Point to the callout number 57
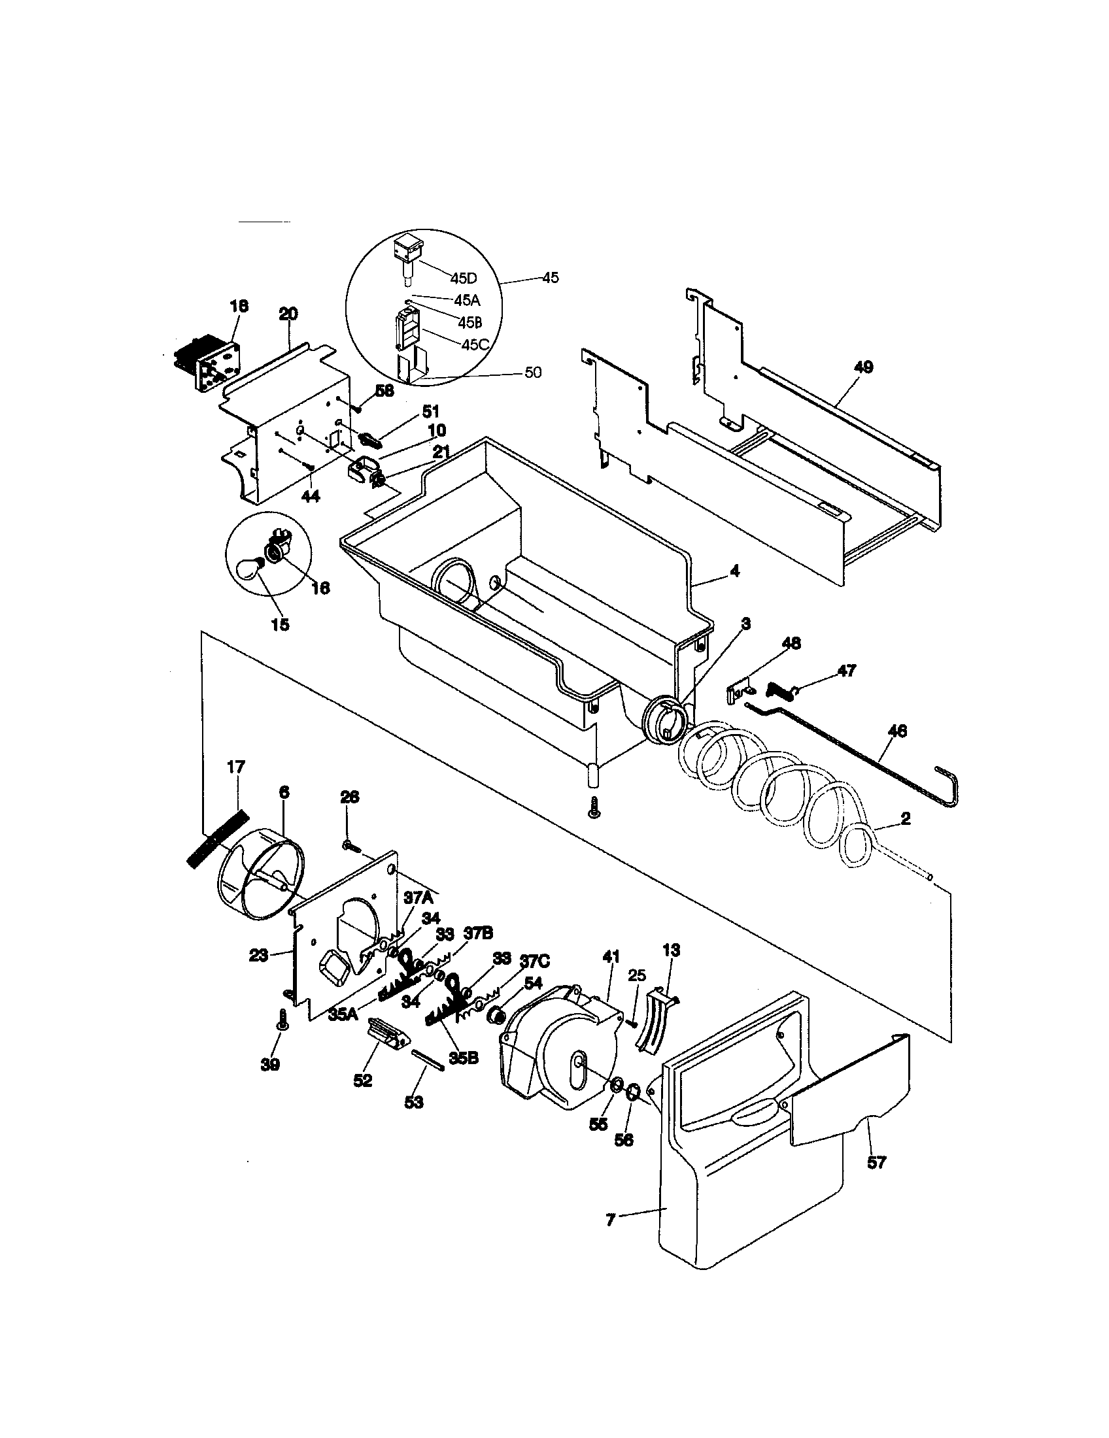(x=876, y=1163)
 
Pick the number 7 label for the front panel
(x=610, y=1220)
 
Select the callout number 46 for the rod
(x=897, y=730)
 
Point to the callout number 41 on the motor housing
(x=611, y=957)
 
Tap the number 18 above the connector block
(x=239, y=305)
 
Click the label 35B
(x=464, y=1058)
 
